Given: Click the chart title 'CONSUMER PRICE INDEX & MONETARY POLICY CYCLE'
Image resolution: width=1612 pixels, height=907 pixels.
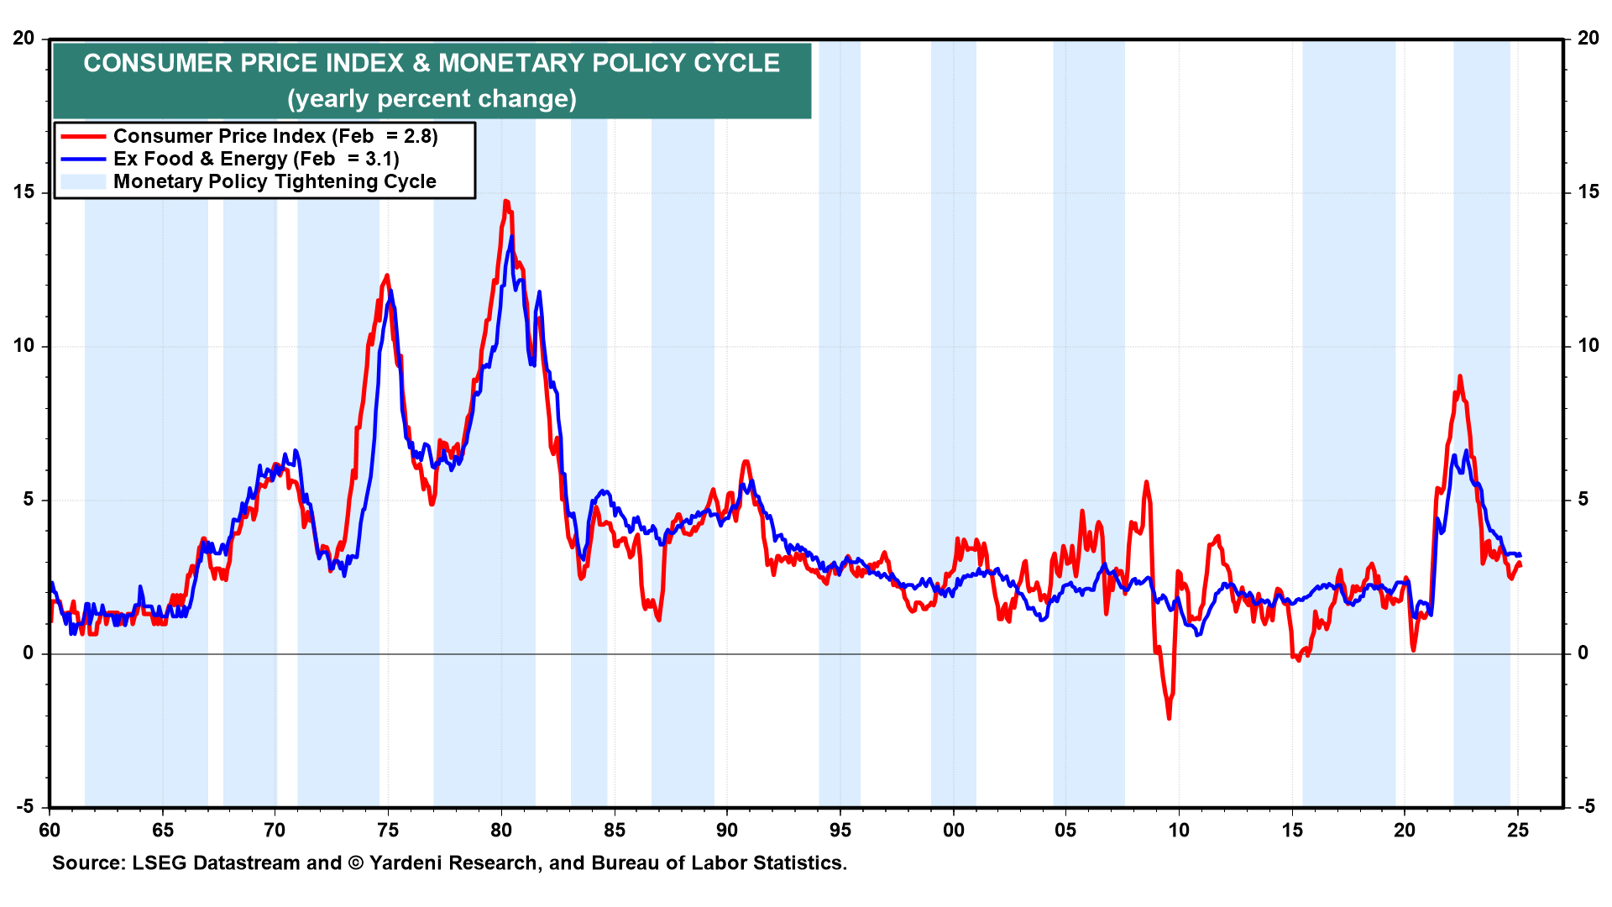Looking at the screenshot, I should tap(432, 63).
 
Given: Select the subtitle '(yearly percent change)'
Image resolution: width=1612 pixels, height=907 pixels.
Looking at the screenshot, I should tap(432, 99).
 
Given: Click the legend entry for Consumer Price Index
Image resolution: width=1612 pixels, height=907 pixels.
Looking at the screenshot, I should tap(275, 136).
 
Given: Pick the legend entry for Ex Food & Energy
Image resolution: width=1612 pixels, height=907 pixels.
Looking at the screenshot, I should tap(255, 159).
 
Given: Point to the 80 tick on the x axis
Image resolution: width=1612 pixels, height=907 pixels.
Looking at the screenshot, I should tap(501, 831).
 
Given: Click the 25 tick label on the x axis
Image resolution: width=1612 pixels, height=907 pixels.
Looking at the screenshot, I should tap(1518, 831).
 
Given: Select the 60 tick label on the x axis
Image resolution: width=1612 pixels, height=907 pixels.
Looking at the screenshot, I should tap(50, 831).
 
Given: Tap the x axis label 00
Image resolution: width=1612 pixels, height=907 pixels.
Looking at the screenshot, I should tap(953, 831).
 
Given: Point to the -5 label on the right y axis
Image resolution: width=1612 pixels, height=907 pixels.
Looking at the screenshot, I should tap(1586, 807).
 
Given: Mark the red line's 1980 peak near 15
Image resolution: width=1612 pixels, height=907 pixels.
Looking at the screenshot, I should tap(505, 202).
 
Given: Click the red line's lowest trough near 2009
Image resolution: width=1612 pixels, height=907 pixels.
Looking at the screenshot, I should tap(1169, 718).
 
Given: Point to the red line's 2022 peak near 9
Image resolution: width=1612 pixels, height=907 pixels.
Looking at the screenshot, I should tap(1460, 376).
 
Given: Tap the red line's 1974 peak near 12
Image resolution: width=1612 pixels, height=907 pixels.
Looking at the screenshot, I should tap(386, 275).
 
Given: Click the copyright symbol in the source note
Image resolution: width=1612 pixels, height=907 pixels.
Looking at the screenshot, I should tap(355, 863).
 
